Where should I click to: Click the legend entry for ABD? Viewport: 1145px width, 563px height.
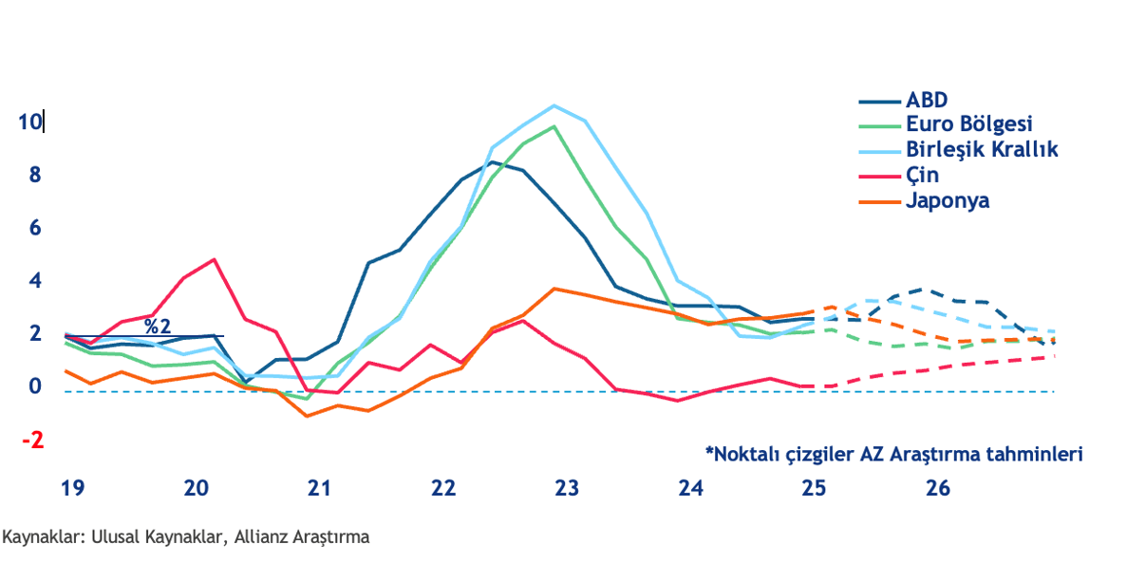point(927,100)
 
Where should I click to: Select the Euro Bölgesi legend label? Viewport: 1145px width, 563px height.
point(968,124)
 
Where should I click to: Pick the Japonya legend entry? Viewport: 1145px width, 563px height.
point(948,201)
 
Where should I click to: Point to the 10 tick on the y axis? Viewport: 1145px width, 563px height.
point(28,122)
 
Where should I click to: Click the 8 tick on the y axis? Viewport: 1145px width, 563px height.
point(35,176)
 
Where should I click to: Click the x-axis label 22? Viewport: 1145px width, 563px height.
point(442,489)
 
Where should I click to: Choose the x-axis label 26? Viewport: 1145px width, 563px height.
point(937,489)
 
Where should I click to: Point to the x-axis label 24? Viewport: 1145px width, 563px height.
point(690,489)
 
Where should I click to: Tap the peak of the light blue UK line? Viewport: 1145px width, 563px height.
point(554,105)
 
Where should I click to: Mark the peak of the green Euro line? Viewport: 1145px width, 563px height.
point(554,126)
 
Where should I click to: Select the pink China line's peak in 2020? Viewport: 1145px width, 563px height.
point(215,259)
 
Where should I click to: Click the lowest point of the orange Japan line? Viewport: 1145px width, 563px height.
point(307,416)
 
